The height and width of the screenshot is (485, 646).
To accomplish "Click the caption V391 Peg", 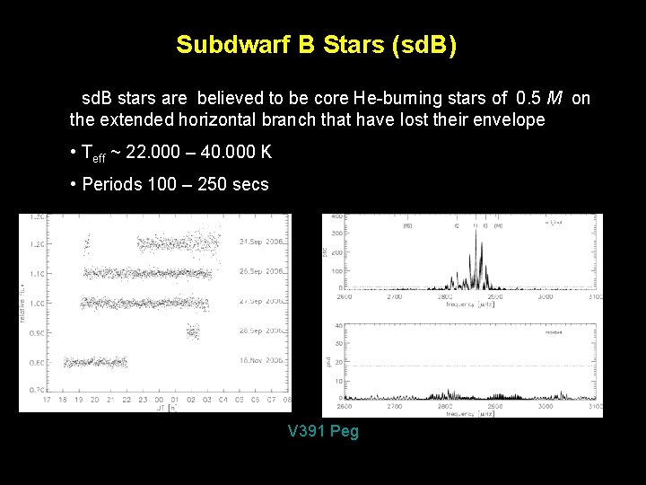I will tap(323, 431).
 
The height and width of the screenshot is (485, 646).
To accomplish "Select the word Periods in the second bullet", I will tap(110, 184).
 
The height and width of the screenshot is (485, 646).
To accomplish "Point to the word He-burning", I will tap(391, 98).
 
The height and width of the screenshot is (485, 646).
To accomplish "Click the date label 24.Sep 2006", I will tap(262, 242).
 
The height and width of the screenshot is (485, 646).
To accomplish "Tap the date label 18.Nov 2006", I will tap(262, 359).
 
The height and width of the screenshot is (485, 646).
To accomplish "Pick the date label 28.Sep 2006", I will tap(262, 331).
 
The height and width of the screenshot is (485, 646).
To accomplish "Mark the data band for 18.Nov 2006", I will tap(95, 362).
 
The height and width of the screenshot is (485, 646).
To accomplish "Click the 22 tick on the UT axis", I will tap(127, 399).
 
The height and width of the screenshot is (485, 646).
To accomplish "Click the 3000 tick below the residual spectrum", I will tap(543, 405).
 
